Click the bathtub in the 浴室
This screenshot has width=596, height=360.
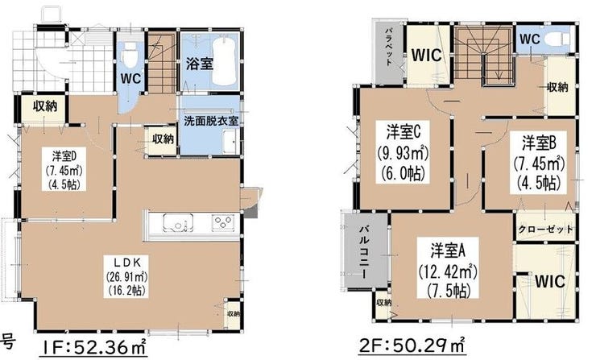[224, 61]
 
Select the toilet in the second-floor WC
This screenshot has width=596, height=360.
[558, 39]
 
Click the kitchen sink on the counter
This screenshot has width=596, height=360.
[178, 222]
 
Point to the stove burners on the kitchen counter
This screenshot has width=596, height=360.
[223, 221]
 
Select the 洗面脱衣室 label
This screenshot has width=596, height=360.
[211, 121]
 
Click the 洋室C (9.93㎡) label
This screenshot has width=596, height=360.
[403, 152]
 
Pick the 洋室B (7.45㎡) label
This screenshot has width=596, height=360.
[539, 163]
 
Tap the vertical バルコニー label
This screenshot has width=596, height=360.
[364, 252]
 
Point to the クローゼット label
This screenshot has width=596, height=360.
[545, 230]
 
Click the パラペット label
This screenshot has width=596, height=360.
[389, 47]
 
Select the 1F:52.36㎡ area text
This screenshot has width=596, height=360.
[94, 346]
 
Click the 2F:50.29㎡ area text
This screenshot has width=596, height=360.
[412, 346]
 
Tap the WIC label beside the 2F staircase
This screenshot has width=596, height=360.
[426, 55]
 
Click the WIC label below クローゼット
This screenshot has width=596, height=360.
[549, 282]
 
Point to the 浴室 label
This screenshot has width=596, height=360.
[199, 63]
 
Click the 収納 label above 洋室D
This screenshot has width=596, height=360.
[45, 106]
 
